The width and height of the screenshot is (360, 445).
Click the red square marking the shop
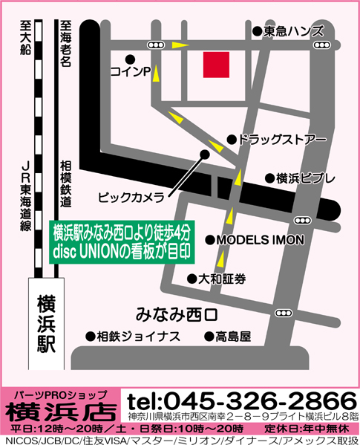point(217,65)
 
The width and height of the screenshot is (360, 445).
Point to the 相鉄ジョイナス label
point(138,336)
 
